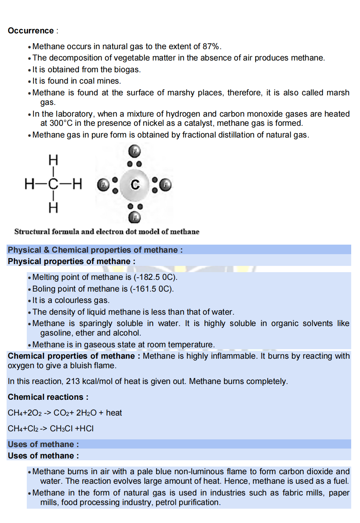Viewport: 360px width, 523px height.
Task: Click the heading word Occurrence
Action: (31, 31)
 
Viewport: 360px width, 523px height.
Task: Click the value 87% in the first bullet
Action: (211, 47)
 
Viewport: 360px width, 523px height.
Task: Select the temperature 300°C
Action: (61, 123)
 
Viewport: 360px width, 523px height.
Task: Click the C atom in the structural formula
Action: (53, 184)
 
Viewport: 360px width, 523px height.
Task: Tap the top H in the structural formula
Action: (53, 160)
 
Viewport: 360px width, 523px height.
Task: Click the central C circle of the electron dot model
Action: (135, 184)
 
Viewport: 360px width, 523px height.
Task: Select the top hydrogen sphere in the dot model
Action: (135, 150)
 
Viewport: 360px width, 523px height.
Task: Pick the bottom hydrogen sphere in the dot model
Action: (135, 217)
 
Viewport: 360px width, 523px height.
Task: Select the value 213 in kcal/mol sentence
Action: (73, 381)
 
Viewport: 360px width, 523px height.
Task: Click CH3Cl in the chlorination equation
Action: (61, 429)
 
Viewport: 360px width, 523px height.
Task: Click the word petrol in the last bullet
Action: (166, 502)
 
